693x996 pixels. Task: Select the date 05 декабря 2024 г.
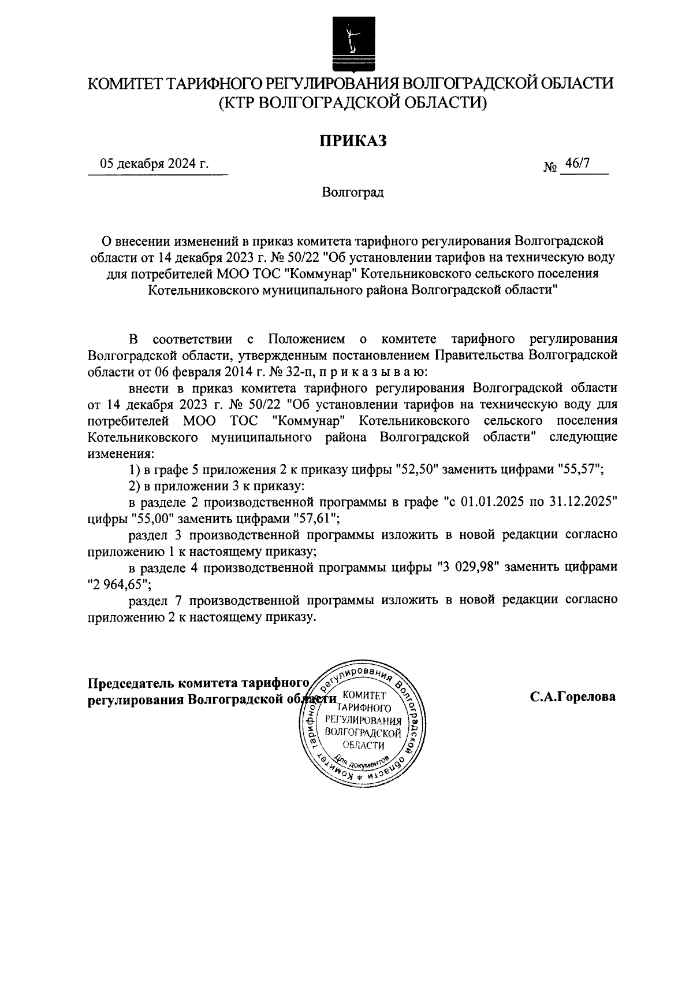[x=154, y=164]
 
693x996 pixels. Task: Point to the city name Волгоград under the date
[x=353, y=192]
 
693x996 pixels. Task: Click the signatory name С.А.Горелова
[x=573, y=697]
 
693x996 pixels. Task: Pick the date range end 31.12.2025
[x=583, y=502]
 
